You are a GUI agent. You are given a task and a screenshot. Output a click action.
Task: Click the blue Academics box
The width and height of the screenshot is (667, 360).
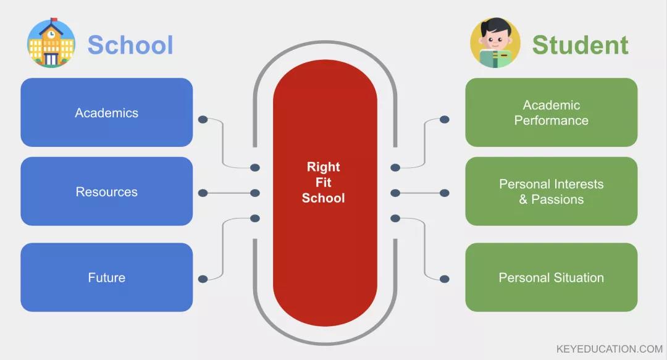point(106,112)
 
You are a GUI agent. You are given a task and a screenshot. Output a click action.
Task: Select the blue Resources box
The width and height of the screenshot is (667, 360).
point(106,191)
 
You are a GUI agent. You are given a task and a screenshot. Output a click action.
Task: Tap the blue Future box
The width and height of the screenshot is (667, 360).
point(106,277)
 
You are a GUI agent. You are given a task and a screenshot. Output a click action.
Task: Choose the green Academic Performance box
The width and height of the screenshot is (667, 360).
point(551,112)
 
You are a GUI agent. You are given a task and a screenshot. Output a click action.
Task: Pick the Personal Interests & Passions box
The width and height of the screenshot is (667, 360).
point(551,191)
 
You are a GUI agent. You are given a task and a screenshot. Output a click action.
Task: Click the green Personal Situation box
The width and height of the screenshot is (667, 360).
point(551,277)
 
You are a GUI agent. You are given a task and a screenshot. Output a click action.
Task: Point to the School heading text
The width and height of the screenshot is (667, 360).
point(130,45)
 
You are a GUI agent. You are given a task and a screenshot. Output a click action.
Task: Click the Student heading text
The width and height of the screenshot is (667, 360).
point(580,45)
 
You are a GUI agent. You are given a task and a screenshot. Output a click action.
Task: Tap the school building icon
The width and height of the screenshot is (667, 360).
point(51,43)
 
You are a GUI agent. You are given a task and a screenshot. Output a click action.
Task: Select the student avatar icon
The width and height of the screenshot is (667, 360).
point(495,43)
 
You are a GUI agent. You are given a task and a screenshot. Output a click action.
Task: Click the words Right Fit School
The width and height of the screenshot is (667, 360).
point(324,182)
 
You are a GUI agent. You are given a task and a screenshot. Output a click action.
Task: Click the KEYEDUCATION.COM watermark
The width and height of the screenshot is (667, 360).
point(609,349)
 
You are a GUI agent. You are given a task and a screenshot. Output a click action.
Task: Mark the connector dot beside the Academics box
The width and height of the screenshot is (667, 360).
point(203,119)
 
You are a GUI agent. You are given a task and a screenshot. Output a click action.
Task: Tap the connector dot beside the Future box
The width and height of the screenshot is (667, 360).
point(203,279)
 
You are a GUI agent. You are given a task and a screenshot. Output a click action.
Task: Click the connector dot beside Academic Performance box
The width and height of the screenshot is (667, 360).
point(444,119)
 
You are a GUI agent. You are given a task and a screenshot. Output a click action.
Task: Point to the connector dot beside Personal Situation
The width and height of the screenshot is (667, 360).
point(444,279)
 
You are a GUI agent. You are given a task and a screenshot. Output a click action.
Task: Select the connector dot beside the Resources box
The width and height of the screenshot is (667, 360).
point(203,193)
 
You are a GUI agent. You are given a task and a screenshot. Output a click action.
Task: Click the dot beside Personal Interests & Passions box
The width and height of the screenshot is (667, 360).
point(444,193)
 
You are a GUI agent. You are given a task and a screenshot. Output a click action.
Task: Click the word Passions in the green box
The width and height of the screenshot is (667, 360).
point(558,199)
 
